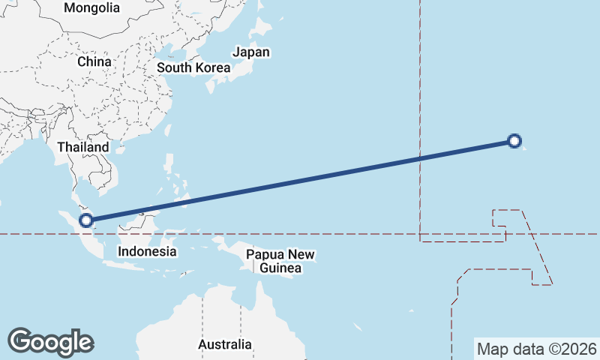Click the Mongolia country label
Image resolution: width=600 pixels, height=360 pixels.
[x=91, y=8]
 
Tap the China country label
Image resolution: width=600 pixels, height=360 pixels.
[x=94, y=61]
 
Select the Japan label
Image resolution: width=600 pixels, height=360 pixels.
[x=251, y=52]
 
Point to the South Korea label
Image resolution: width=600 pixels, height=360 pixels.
[x=193, y=67]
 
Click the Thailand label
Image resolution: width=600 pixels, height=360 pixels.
[x=83, y=148]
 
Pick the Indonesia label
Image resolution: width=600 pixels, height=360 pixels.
[x=148, y=252]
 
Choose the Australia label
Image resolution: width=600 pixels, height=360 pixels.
[x=225, y=345]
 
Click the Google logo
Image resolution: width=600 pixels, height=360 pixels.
[x=50, y=342]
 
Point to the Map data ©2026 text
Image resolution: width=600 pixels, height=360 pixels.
[x=537, y=349]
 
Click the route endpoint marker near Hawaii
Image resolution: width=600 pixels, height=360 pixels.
[x=514, y=140]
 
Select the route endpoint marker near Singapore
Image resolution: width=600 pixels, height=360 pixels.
[x=86, y=220]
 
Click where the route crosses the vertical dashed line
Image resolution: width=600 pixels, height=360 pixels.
[x=420, y=159]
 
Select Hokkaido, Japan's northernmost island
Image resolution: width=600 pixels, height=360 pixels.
[x=259, y=28]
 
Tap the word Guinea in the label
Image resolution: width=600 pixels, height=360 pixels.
[x=281, y=268]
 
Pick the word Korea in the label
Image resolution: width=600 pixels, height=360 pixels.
[x=212, y=67]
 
